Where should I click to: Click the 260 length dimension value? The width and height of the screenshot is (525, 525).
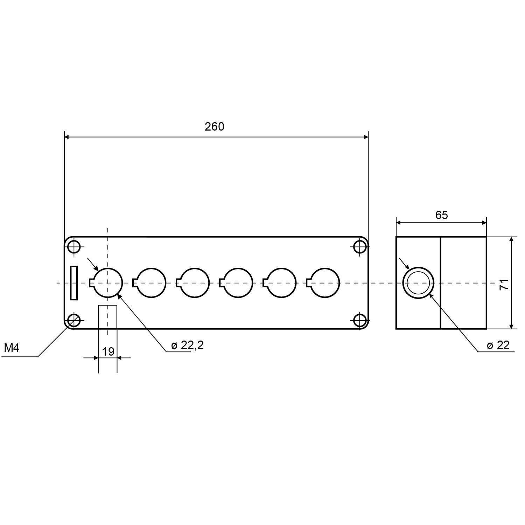(214, 126)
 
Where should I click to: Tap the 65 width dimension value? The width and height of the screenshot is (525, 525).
(441, 215)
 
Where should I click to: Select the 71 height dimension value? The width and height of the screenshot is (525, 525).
(504, 284)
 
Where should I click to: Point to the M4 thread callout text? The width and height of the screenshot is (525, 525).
(12, 348)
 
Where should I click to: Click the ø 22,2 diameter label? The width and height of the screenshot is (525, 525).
(187, 345)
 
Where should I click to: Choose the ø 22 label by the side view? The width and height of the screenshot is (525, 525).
(498, 345)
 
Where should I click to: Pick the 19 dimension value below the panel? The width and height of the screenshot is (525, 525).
(108, 351)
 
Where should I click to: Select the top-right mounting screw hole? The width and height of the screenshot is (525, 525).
(360, 247)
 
